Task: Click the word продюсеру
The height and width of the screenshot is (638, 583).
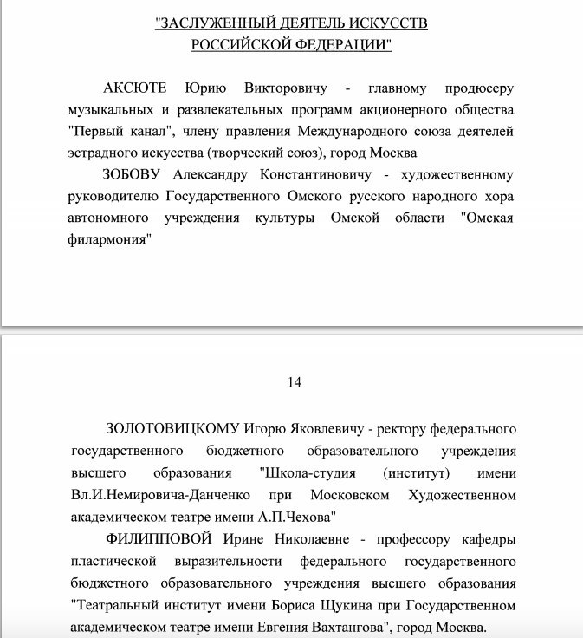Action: coord(474,89)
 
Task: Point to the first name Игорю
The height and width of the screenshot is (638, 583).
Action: coord(263,430)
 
